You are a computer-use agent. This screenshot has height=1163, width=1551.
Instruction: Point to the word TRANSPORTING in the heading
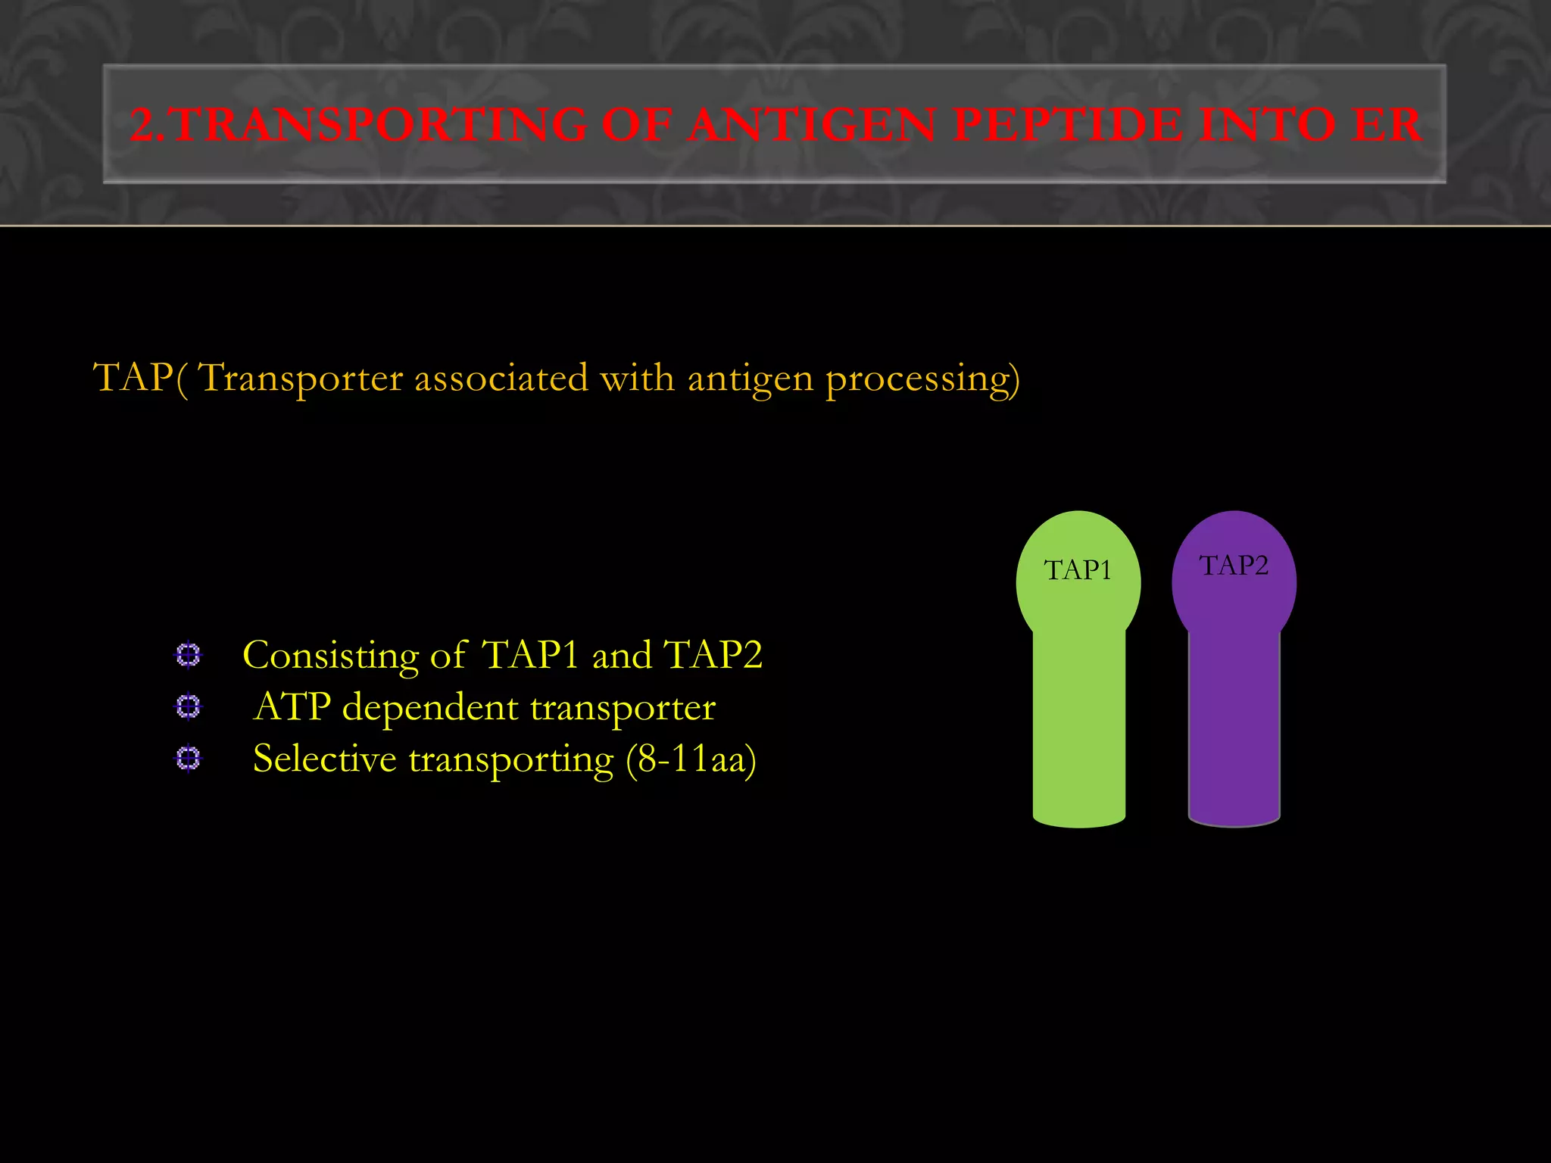pos(379,125)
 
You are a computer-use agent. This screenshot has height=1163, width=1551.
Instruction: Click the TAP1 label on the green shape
pos(1078,570)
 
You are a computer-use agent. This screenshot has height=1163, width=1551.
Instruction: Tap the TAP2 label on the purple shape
pos(1234,566)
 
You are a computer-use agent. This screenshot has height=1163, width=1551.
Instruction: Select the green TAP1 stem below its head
pos(1078,727)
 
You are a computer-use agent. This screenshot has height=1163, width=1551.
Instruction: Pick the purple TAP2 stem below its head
pos(1234,727)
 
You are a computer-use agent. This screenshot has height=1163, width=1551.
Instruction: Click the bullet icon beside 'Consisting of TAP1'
pos(188,655)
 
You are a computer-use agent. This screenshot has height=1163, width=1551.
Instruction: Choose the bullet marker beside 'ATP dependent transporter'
pos(188,706)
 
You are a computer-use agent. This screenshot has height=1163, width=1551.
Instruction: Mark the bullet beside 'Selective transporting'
pos(188,758)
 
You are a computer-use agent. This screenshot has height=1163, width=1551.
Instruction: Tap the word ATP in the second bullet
pos(292,707)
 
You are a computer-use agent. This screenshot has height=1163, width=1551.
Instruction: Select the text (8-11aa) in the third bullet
pos(691,759)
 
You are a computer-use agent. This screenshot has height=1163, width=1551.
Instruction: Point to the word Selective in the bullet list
pos(324,759)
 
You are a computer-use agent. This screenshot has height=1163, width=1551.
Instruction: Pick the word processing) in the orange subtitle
pos(922,379)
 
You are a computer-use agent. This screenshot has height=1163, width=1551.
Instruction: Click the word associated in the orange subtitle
pos(501,378)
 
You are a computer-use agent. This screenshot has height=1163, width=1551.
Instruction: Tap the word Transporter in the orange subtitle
pos(300,378)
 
